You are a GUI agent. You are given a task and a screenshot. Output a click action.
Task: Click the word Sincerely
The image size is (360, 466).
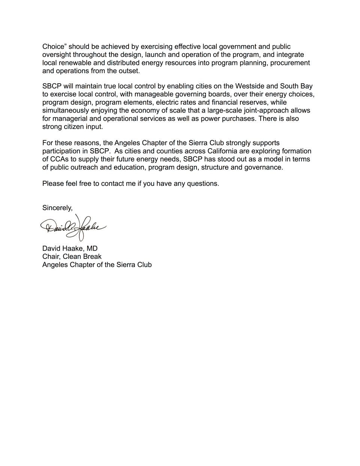point(57,208)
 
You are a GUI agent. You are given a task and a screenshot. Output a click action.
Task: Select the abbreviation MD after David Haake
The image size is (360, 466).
point(92,248)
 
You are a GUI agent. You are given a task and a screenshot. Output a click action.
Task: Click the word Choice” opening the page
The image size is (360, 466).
point(54,47)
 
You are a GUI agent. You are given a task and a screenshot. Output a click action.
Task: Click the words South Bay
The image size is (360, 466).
point(296,86)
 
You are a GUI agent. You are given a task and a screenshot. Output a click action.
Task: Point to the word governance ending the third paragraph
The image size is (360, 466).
point(264,167)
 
